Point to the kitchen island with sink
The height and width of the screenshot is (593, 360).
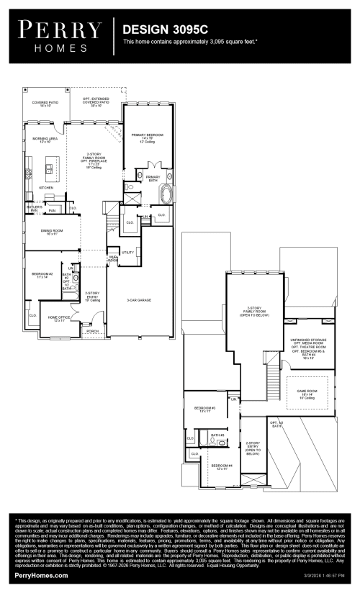click(50, 171)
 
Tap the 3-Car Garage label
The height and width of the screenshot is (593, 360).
click(138, 299)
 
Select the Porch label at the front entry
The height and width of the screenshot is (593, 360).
click(92, 332)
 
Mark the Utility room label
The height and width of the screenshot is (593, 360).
click(127, 253)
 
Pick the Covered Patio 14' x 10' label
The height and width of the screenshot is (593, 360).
click(45, 104)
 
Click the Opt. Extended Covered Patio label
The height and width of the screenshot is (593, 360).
click(96, 104)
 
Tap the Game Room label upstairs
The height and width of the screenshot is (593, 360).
click(307, 392)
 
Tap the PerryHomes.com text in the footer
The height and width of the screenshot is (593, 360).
click(41, 576)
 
